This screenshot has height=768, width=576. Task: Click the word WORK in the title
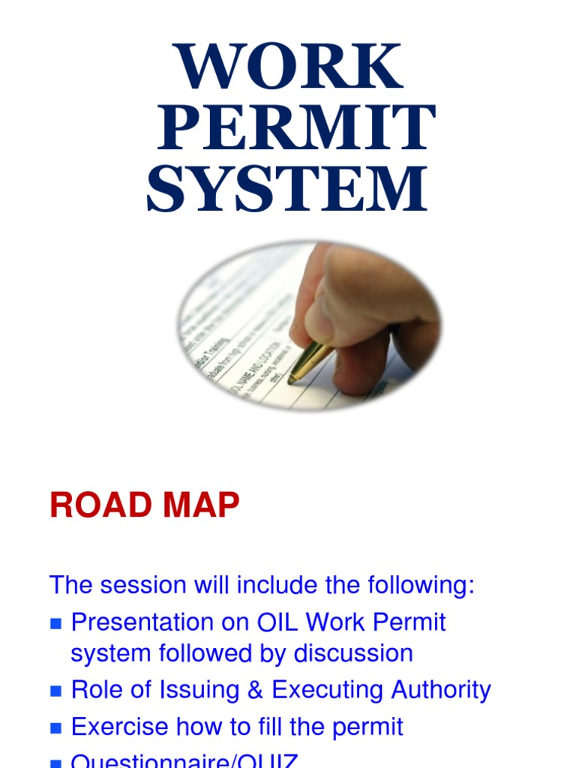point(289,67)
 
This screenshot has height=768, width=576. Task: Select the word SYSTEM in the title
point(287,189)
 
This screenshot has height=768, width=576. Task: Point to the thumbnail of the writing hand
point(309,325)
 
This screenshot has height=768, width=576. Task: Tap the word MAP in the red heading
point(199,506)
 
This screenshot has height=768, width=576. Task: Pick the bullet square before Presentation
point(55,624)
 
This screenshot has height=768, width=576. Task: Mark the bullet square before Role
point(55,691)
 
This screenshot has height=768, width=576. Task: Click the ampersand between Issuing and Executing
point(255,690)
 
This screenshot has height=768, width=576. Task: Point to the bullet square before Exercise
point(55,728)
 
